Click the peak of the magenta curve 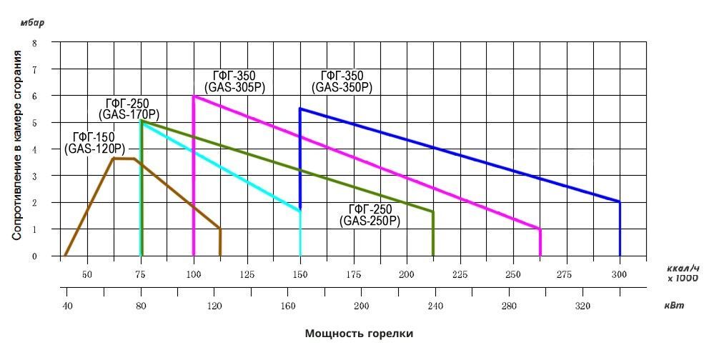194,96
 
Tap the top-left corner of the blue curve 300,109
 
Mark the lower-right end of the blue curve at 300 619,202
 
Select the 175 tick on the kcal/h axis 354,274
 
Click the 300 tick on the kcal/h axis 619,274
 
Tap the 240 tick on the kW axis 435,306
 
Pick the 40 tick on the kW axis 67,306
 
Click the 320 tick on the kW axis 582,306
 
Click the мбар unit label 32,22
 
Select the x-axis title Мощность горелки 359,334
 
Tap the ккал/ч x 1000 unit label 683,273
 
